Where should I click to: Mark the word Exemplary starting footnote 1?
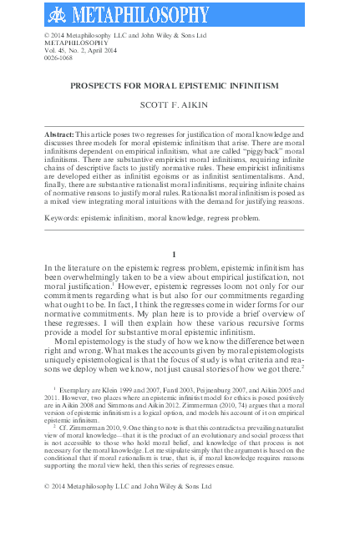79,390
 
